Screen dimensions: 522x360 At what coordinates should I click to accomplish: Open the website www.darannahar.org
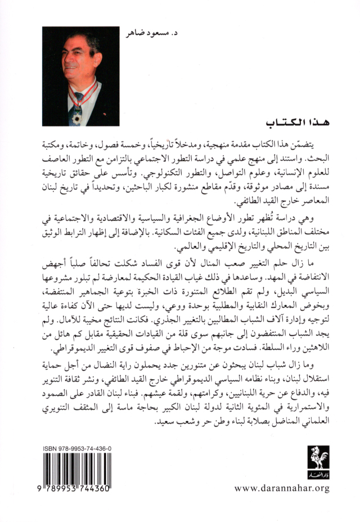282,488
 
